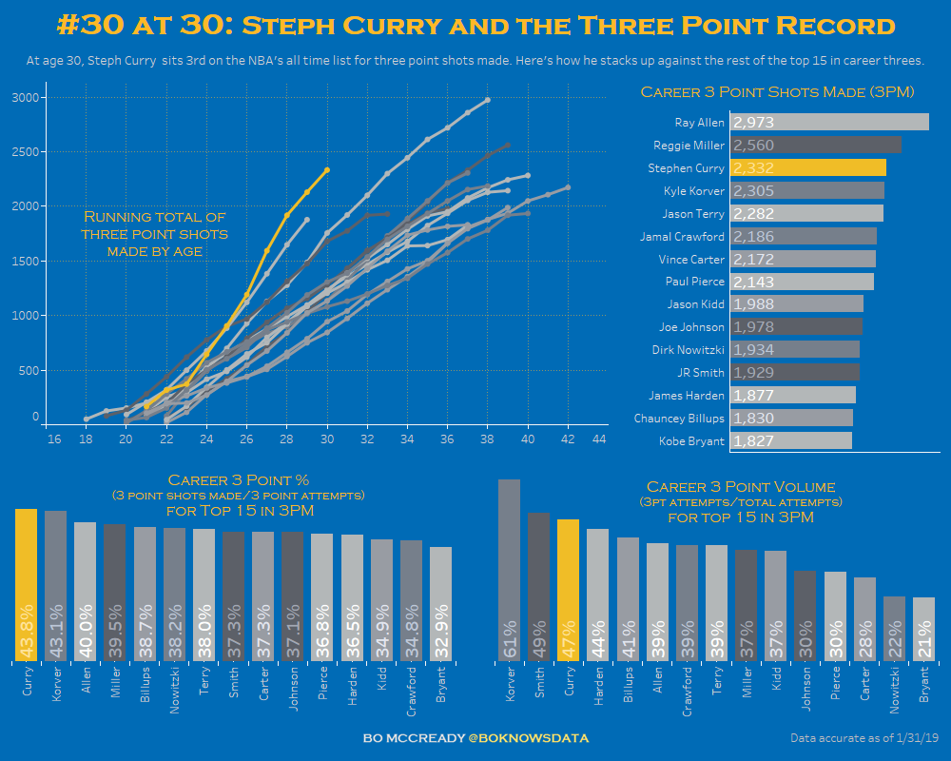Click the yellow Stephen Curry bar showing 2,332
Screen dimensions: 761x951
click(808, 167)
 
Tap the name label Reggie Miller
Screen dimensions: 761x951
click(689, 146)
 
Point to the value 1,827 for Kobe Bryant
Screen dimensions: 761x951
click(754, 440)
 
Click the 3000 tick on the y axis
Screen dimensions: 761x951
click(26, 98)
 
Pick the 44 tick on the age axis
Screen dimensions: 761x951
click(599, 439)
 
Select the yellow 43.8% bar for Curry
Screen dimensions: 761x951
click(26, 585)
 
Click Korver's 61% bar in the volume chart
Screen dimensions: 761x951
click(509, 571)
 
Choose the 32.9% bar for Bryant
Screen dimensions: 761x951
click(440, 604)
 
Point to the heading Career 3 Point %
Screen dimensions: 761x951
click(238, 480)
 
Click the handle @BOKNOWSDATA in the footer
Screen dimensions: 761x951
click(529, 738)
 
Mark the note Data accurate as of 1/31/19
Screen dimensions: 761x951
click(864, 738)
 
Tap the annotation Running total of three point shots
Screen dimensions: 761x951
click(154, 234)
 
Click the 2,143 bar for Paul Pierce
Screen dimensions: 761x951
click(802, 282)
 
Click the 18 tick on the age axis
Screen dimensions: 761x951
click(87, 439)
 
